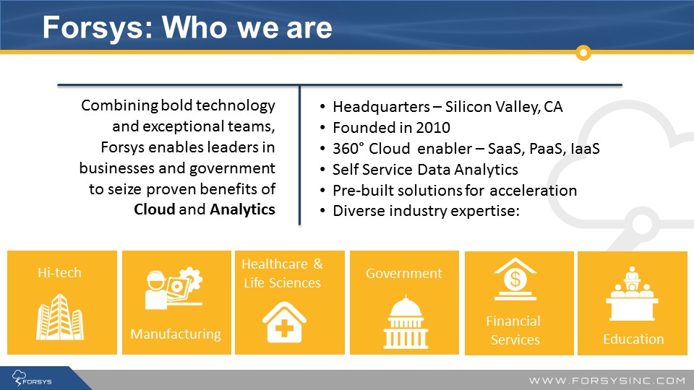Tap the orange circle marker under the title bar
[583, 53]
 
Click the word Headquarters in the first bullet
[381, 107]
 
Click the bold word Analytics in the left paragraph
[243, 209]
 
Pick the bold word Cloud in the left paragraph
[155, 209]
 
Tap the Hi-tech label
[59, 273]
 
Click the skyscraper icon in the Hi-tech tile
[60, 316]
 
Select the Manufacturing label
[176, 334]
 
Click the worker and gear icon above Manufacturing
[174, 287]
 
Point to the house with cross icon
[284, 322]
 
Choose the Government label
[403, 273]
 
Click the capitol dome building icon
[406, 322]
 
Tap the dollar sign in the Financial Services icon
[515, 279]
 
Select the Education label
[633, 339]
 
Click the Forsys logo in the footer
[32, 379]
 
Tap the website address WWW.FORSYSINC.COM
[607, 381]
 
